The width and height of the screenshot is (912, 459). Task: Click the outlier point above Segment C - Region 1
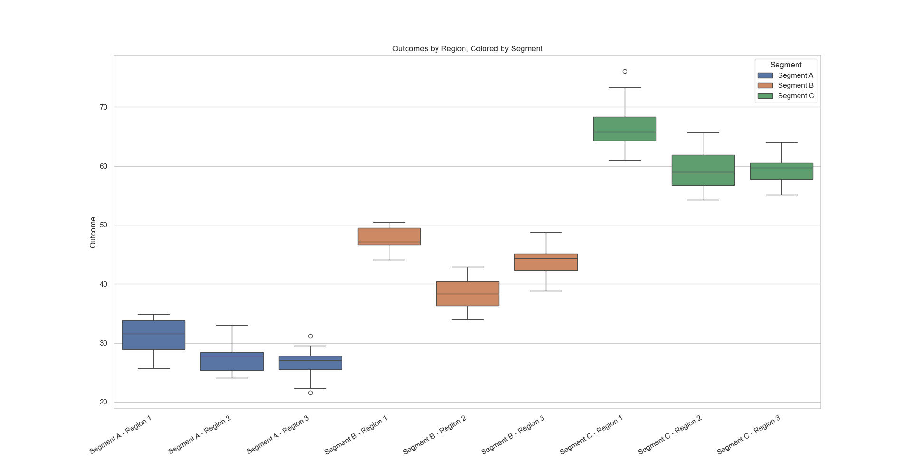(x=625, y=72)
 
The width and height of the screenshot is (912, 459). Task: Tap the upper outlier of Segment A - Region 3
(x=310, y=337)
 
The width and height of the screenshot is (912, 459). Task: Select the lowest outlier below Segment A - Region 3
(x=310, y=393)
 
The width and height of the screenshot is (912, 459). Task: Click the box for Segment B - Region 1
(x=389, y=236)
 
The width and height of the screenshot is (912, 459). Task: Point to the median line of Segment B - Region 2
(x=467, y=294)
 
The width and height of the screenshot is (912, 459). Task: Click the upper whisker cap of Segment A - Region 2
(x=232, y=326)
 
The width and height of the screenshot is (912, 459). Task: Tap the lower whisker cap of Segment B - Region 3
(x=546, y=291)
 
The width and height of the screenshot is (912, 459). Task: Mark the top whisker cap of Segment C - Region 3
(x=781, y=143)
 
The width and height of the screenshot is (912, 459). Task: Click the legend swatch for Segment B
(x=765, y=86)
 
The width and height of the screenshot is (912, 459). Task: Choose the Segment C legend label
(x=796, y=96)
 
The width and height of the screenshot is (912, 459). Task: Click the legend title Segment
(x=786, y=65)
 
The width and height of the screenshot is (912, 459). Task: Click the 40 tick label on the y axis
(x=104, y=284)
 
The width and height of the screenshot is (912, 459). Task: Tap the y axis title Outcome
(x=93, y=232)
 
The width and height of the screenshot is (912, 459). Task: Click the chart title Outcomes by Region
(x=467, y=49)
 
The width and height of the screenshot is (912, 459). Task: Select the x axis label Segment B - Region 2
(x=435, y=435)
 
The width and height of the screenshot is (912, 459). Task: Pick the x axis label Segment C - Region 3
(x=749, y=435)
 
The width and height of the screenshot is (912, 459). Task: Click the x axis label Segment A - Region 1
(x=121, y=435)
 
